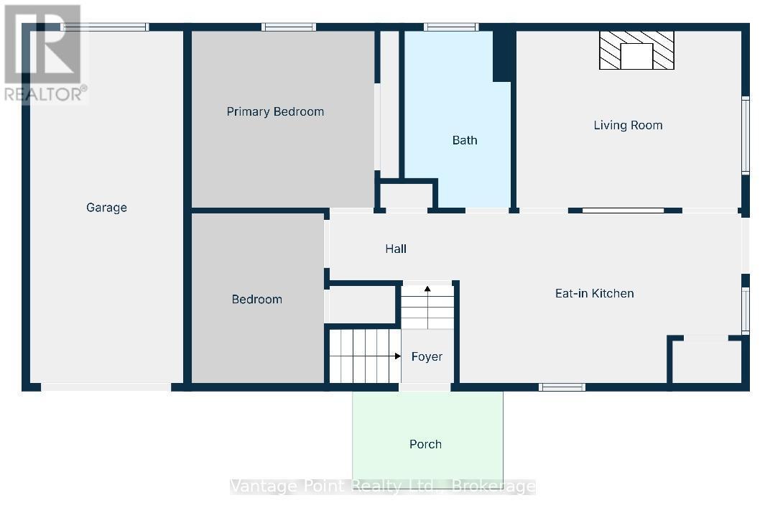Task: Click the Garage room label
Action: pos(106,208)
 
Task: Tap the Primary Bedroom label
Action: pos(275,111)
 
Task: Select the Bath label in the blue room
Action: pos(464,140)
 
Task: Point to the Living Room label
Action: pos(628,125)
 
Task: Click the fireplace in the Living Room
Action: pos(636,51)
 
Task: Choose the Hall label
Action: pos(396,249)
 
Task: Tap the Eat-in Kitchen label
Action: pos(594,293)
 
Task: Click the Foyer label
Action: pos(427,356)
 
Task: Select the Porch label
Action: pos(425,444)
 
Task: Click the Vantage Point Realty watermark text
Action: pos(382,486)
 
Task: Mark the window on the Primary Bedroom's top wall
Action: pos(288,27)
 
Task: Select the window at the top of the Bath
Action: pos(450,27)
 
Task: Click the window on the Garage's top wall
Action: pos(105,27)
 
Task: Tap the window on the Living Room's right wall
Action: pos(746,136)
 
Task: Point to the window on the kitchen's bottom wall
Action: pos(562,387)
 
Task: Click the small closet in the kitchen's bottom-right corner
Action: pos(707,361)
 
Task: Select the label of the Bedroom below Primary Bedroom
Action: pos(256,299)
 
